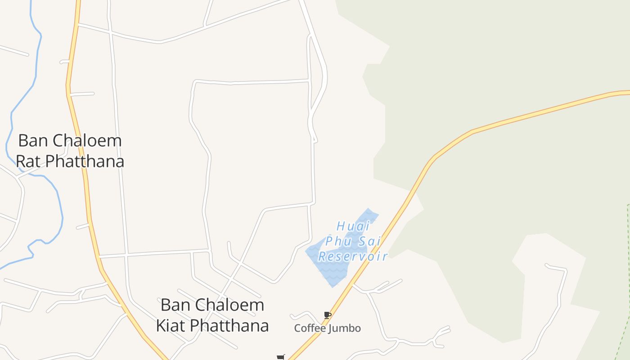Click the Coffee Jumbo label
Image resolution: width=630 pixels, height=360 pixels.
pos(327,328)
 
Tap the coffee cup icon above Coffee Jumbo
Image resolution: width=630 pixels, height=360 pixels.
pos(327,315)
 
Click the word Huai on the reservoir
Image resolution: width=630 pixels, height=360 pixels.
pos(353,226)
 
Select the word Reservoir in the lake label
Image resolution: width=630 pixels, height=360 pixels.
pos(353,256)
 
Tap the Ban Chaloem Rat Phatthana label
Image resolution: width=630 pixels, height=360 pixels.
pos(70,151)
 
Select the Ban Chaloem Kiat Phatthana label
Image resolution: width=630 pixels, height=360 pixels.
pos(212,315)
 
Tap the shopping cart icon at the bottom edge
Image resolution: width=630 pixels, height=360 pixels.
pos(281,357)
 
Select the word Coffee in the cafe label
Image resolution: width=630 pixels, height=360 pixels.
pos(310,328)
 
